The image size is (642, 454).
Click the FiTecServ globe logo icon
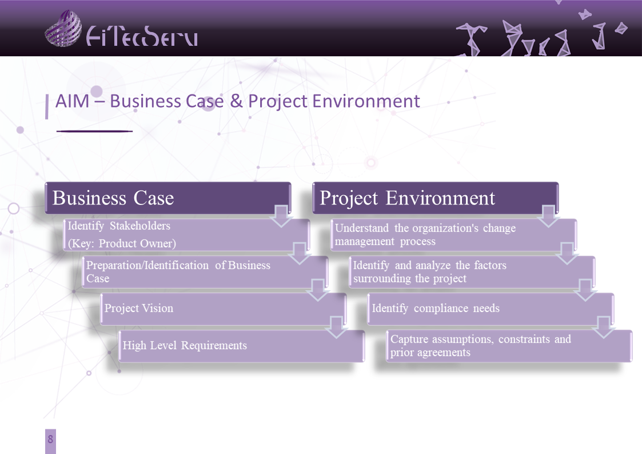point(63,28)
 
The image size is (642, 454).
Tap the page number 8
point(50,440)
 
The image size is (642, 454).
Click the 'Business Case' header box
point(168,198)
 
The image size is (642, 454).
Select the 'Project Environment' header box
point(435,198)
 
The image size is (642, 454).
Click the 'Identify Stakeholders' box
point(186,235)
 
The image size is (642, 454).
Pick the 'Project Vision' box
point(223,309)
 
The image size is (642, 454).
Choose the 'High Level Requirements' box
point(242,346)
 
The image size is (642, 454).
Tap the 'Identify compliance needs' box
point(491,309)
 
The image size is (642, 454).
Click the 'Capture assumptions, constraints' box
point(509,346)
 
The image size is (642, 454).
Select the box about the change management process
point(454,235)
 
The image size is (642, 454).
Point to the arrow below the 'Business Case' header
point(281,216)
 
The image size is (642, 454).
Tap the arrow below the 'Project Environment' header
point(549,216)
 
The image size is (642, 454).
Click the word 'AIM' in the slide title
point(73,101)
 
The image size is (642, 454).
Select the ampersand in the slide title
point(236,101)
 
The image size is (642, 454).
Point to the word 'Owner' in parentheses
point(158,244)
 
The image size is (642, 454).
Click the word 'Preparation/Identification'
point(147,265)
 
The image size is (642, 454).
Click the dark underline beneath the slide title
point(94,131)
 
